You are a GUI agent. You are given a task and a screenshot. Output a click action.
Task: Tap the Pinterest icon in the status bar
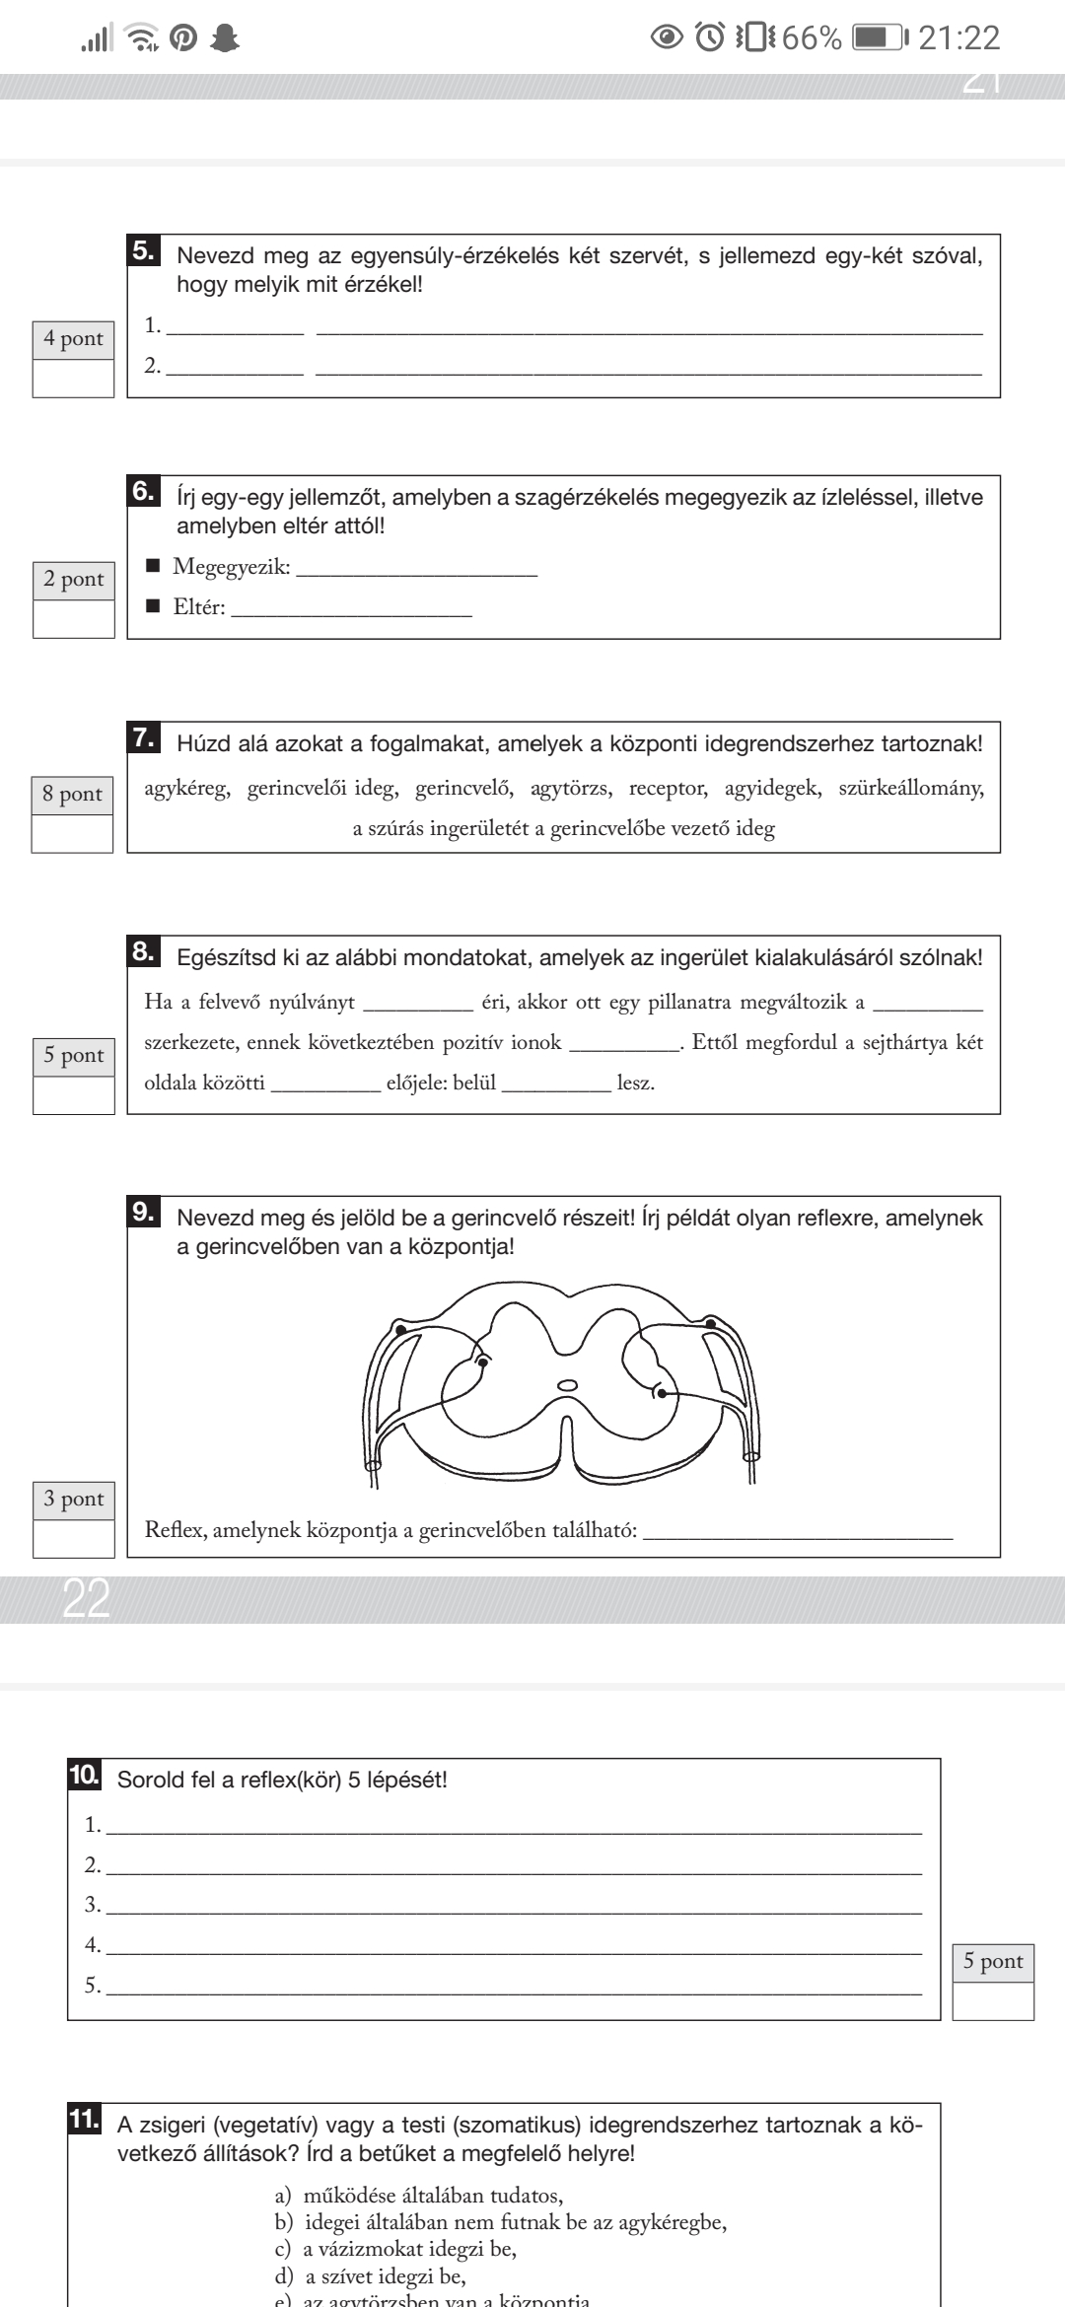tap(182, 38)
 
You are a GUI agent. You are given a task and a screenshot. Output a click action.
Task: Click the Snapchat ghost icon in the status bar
tap(226, 38)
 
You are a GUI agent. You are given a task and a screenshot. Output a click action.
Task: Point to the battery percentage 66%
tap(813, 38)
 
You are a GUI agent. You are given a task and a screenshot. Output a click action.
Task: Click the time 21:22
tap(958, 38)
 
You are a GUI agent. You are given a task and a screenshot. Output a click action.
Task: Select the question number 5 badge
tap(144, 251)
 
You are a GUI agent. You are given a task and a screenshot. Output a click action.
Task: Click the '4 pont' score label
tap(73, 339)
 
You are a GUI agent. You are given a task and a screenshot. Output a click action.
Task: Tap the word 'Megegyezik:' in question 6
tap(232, 567)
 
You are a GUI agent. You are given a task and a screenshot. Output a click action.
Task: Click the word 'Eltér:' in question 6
tap(199, 608)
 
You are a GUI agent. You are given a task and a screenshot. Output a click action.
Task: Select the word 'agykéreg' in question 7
tap(187, 789)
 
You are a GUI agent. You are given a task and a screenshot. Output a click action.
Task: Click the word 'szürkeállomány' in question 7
tap(911, 789)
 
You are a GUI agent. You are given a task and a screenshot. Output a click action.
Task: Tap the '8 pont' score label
tap(73, 795)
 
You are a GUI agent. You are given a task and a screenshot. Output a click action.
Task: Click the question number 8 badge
tap(144, 952)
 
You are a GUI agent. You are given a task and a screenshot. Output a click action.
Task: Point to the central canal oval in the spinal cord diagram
tap(567, 1385)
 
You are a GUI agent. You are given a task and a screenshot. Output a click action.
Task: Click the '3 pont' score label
tap(73, 1500)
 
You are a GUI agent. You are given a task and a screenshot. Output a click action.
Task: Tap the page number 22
tap(86, 1599)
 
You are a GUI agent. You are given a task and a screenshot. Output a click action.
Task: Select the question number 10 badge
tap(85, 1777)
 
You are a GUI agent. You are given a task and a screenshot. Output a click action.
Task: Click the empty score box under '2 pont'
tap(73, 619)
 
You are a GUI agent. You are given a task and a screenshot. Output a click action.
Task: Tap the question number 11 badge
tap(85, 2118)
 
